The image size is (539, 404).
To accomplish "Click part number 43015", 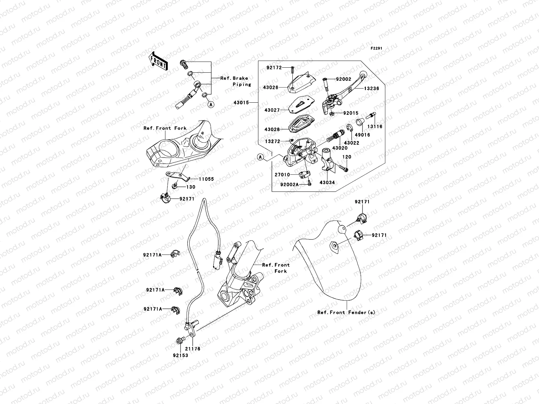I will pos(241,102).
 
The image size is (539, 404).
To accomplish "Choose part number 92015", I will pos(351,113).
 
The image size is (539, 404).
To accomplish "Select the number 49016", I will pos(361,135).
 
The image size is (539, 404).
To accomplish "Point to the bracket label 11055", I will pos(206,179).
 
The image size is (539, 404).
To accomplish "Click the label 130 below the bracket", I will pos(191,187).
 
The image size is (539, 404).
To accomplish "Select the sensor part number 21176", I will pos(192,348).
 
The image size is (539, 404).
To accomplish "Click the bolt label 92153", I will pos(180,355).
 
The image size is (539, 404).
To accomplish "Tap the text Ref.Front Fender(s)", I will pos(346,312).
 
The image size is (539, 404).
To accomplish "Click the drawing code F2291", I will pos(377,48).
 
